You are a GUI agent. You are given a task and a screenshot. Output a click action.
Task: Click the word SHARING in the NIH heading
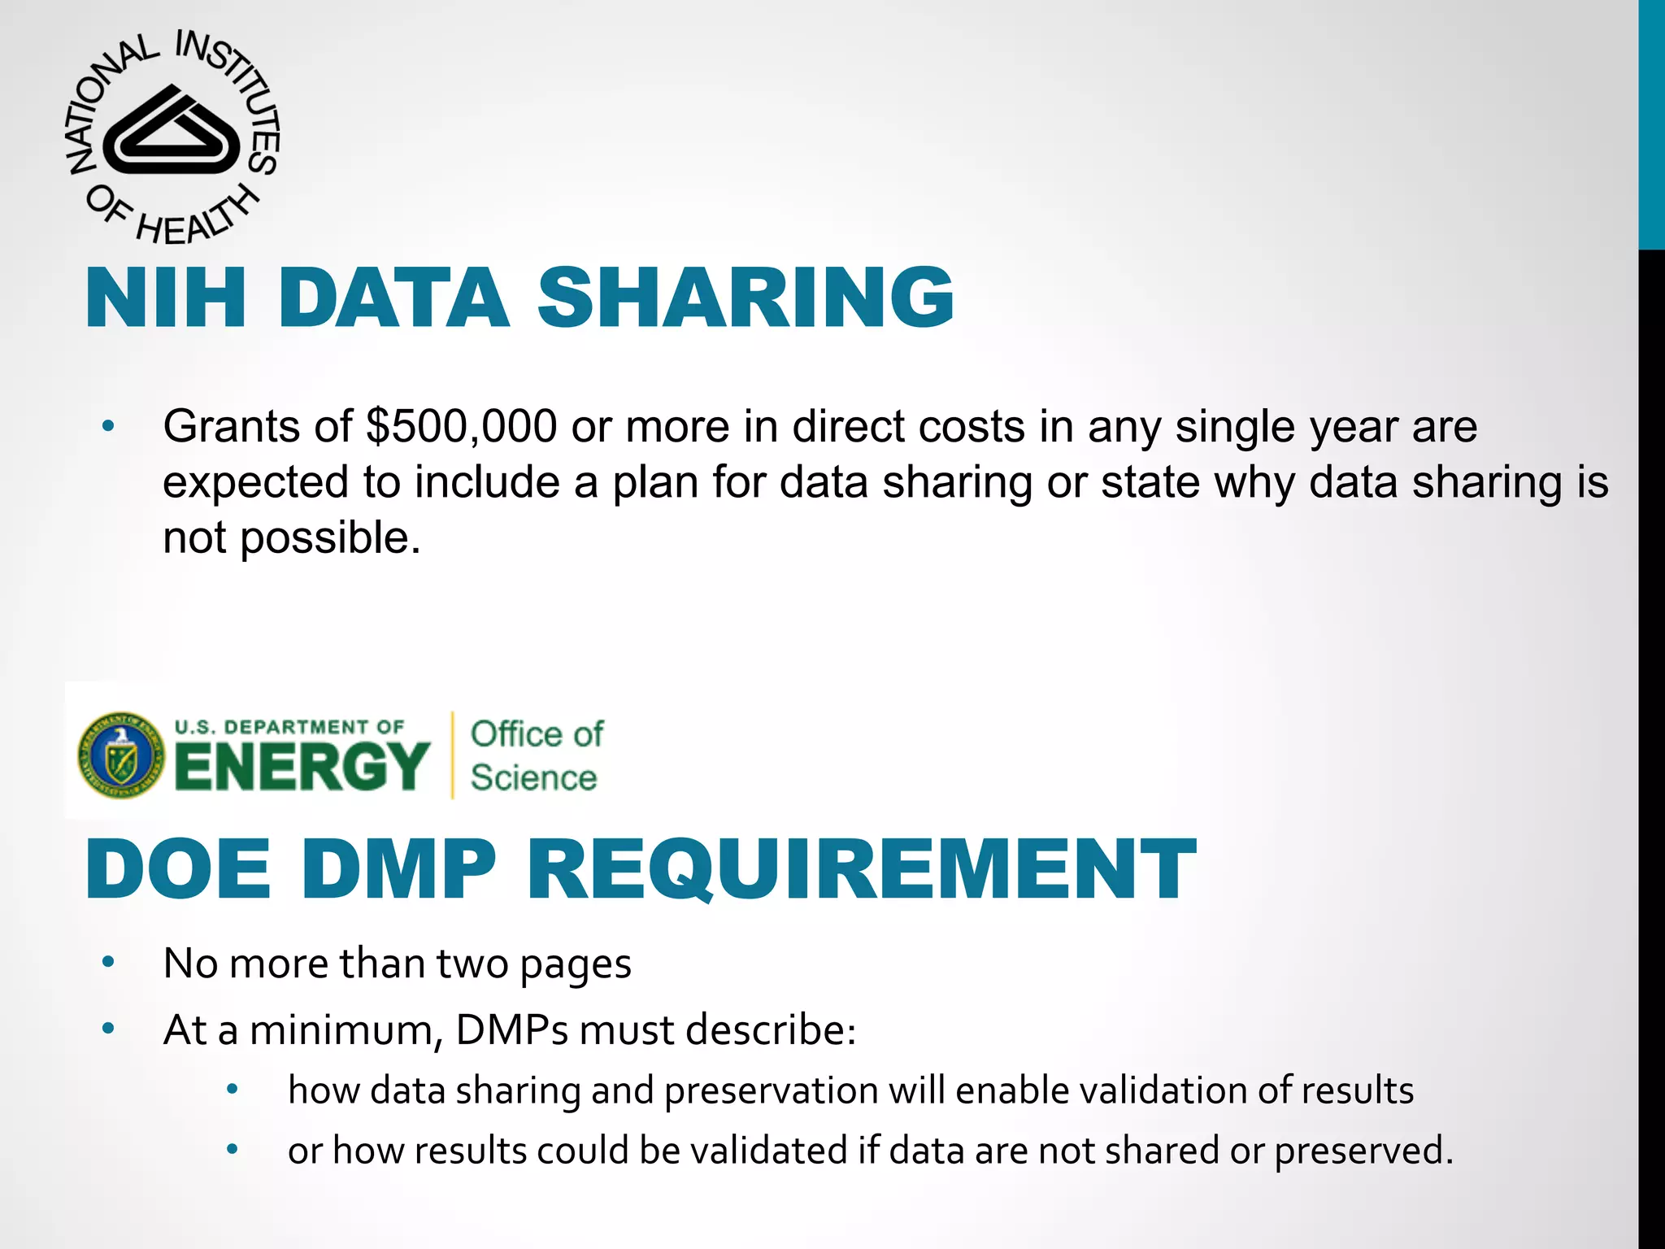pos(745,298)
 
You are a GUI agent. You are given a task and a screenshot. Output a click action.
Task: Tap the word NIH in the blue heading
pos(166,298)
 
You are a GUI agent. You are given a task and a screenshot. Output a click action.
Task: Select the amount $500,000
pos(462,426)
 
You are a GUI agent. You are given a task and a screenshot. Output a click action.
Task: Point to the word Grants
pos(257,426)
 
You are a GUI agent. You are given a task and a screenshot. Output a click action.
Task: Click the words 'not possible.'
pos(292,537)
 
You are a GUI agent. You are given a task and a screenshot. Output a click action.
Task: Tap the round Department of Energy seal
pos(120,755)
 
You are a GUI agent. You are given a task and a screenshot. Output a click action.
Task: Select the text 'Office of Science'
pos(536,755)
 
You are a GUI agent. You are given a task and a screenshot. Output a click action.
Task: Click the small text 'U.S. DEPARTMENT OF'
pos(289,726)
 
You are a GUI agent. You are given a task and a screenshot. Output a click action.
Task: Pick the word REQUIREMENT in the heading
pos(861,870)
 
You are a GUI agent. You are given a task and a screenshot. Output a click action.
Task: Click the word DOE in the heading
pos(178,870)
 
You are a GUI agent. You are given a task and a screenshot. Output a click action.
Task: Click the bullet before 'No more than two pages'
pos(108,963)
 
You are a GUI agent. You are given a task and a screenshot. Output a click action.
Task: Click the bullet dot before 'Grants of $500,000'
pos(108,425)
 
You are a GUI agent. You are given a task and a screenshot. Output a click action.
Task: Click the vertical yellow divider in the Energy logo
pos(453,755)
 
